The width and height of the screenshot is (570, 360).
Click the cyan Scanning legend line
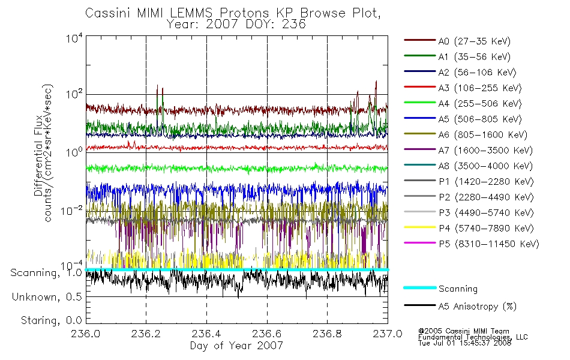(420, 287)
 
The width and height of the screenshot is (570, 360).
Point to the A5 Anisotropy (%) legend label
(478, 307)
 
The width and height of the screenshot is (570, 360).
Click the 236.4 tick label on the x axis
(206, 334)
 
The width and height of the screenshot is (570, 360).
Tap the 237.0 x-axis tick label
(388, 334)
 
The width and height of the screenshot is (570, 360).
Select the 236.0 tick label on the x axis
(86, 334)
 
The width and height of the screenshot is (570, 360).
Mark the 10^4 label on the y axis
(74, 38)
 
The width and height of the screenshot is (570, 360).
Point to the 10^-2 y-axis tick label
(71, 211)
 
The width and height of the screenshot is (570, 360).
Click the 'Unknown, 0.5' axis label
(47, 297)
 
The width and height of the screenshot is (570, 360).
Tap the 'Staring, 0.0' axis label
(51, 320)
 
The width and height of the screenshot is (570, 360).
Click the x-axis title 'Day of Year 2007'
(236, 346)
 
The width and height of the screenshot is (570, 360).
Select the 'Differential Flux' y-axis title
(38, 155)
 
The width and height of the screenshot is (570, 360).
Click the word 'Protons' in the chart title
(244, 13)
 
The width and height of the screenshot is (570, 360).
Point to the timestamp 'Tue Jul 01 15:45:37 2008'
(464, 343)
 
